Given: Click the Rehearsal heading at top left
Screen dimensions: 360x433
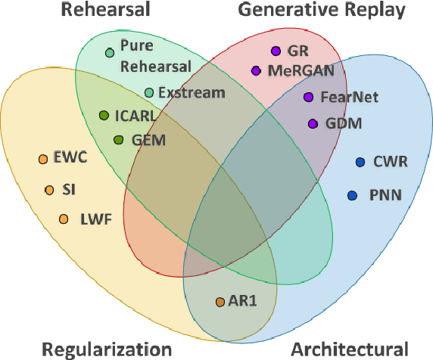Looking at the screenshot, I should point(105,10).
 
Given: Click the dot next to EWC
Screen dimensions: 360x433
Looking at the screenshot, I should point(42,159).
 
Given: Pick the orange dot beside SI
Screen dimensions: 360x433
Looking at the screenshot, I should point(49,190).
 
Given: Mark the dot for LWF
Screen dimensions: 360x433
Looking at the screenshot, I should point(63,219).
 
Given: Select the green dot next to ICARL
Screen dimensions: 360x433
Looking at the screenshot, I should point(104,116).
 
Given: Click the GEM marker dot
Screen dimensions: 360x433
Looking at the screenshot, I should point(118,140).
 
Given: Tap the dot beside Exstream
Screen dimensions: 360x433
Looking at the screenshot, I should point(149,92).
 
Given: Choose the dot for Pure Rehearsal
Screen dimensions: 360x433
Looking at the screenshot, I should point(110,52).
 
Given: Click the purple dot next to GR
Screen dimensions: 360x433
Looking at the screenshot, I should point(276,51).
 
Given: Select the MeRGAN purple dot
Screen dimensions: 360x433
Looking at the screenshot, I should point(256,71).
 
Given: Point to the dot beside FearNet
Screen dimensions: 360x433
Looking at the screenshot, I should point(308,98).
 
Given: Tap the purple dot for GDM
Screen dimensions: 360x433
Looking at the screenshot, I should point(313,123).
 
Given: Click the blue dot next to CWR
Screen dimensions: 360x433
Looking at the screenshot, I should point(360,162).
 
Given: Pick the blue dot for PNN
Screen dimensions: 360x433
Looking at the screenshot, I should point(352,195).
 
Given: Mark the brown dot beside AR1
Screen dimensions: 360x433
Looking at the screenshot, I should point(220,302).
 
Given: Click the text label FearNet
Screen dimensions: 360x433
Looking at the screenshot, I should point(350,98).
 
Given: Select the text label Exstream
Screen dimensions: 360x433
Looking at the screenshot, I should point(193,93).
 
